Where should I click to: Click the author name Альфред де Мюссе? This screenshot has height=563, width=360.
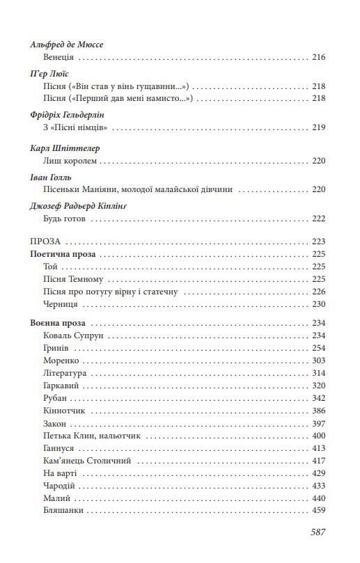pos(67,45)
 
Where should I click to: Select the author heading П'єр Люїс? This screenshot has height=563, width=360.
pos(49,74)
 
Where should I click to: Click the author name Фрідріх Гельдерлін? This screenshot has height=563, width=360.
pos(72,114)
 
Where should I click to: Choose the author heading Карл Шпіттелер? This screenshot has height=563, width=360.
pos(65,148)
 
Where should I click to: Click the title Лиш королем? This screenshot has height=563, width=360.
pos(68,161)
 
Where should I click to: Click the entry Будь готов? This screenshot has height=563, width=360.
pos(65,219)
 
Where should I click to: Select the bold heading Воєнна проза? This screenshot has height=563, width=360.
pos(59,323)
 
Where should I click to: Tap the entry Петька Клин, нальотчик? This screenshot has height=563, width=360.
pos(91,435)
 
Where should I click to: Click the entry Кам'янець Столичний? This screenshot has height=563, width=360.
pos(86,460)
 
